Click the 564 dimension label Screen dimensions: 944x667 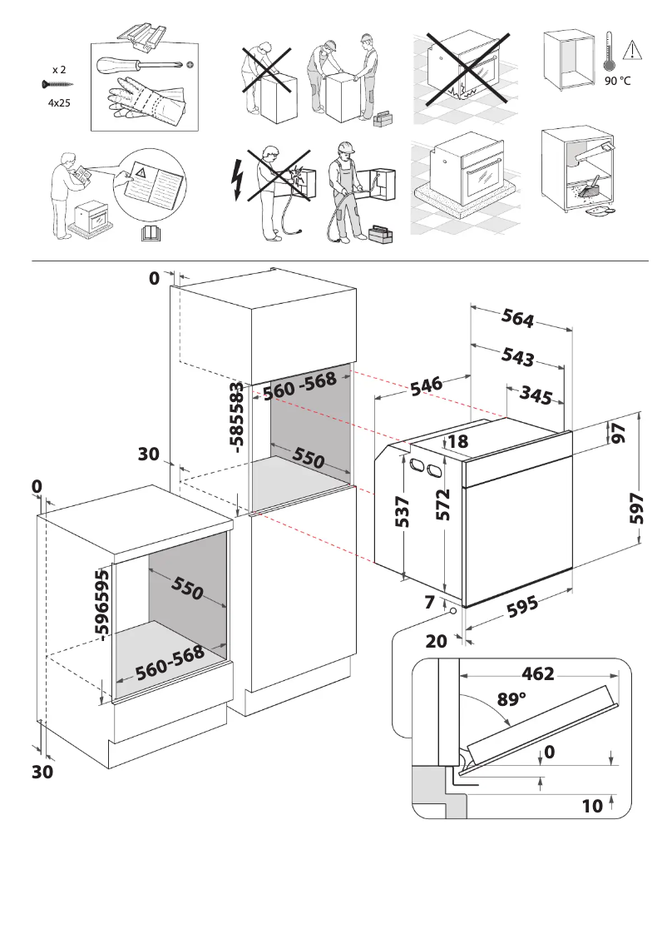click(517, 318)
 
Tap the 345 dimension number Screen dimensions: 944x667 click(535, 396)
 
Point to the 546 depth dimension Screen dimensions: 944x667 click(424, 387)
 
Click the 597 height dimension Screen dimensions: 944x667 click(637, 507)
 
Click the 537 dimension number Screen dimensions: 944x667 click(403, 511)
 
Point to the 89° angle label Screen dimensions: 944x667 click(511, 699)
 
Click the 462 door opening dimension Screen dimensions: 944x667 click(537, 673)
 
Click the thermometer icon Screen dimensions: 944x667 click(609, 52)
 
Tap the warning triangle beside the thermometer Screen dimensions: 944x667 click(635, 49)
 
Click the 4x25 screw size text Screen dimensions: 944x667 click(57, 104)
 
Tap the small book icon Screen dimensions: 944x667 click(150, 232)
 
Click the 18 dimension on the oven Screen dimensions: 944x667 click(458, 442)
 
